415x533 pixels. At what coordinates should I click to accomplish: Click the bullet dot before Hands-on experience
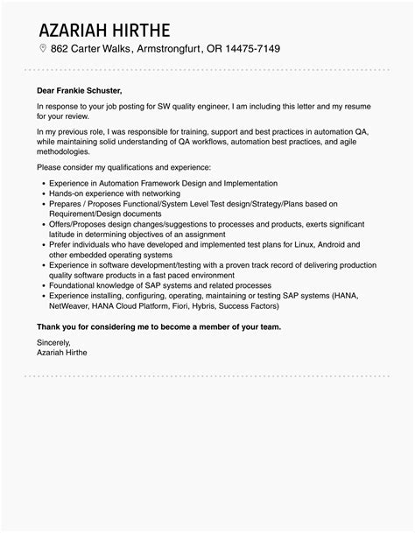coord(42,193)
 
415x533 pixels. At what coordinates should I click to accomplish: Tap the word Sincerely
coord(57,342)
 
